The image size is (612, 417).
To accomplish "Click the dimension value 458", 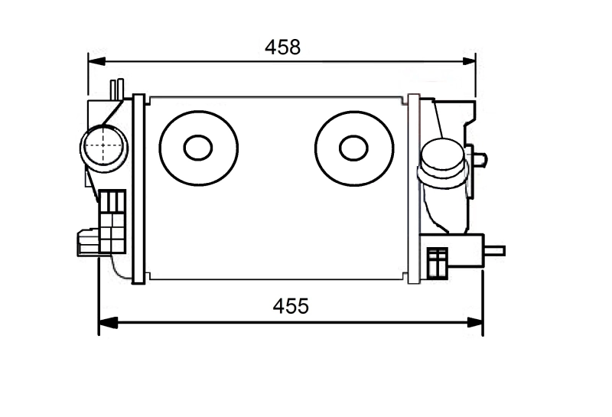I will coord(283,47).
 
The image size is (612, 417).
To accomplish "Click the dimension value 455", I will coord(291,307).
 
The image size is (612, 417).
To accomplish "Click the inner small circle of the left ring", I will coord(198,147).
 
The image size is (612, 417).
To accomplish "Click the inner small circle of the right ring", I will coord(353,147).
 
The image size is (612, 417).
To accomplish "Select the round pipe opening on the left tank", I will coord(103,145).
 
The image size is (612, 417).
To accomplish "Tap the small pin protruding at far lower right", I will coord(496,249).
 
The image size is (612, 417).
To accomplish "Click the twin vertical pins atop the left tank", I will coord(116,87).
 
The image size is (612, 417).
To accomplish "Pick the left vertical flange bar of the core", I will coord(138,187).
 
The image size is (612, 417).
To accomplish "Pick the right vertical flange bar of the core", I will coord(414,187).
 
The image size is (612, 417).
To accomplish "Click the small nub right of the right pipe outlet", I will coord(480,160).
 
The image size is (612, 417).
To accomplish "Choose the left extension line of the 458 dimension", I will coord(89,77).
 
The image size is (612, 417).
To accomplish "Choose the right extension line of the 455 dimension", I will coord(483,298).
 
